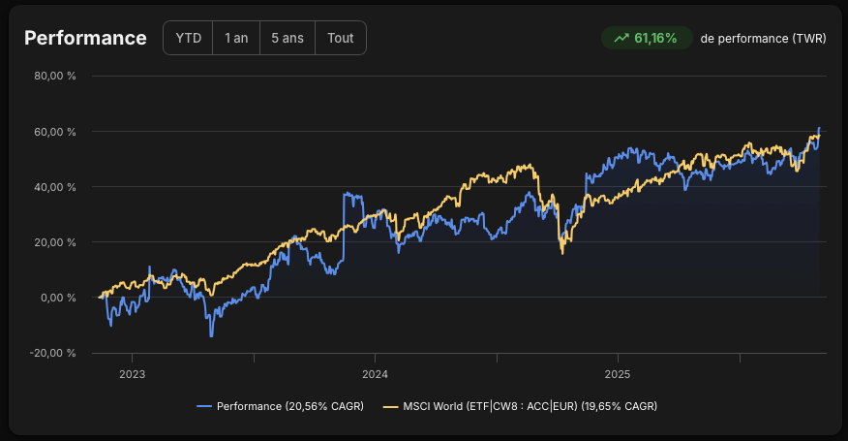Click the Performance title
point(85,38)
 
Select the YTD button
point(188,38)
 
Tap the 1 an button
point(236,38)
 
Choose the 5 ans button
point(288,38)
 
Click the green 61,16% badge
point(647,38)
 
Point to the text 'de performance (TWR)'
point(763,39)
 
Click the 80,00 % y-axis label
point(55,76)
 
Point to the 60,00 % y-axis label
point(55,132)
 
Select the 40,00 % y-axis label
point(55,187)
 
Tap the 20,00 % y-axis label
point(55,242)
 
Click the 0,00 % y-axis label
point(58,298)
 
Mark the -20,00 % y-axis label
point(52,353)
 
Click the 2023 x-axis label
point(132,374)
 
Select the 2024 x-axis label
point(375,374)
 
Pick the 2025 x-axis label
point(618,374)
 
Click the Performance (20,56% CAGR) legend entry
point(280,406)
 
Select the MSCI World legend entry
point(520,406)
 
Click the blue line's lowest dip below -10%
point(211,336)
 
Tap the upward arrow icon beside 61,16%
point(621,38)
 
